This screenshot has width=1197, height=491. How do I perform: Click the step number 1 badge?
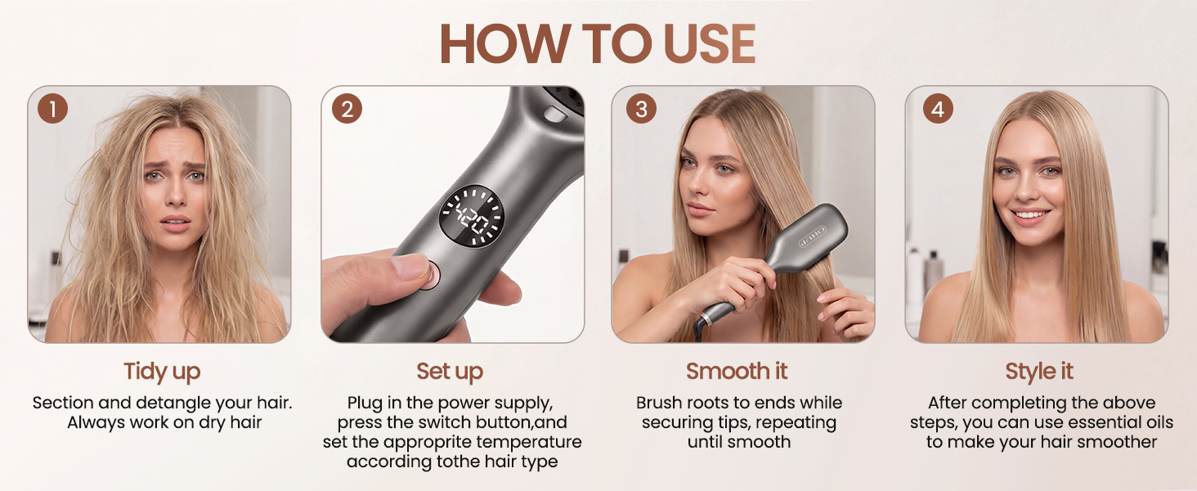[52, 109]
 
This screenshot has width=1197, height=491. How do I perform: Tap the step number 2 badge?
[347, 109]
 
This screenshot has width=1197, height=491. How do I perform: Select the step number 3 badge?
[641, 109]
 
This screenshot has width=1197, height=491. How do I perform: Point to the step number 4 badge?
[938, 109]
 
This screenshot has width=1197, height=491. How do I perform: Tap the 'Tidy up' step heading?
[162, 372]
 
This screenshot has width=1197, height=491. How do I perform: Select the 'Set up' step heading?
[450, 372]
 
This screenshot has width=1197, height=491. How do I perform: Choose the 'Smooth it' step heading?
[737, 372]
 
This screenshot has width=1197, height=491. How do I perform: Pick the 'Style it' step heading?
[1039, 372]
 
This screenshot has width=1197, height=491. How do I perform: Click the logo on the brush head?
[812, 236]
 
